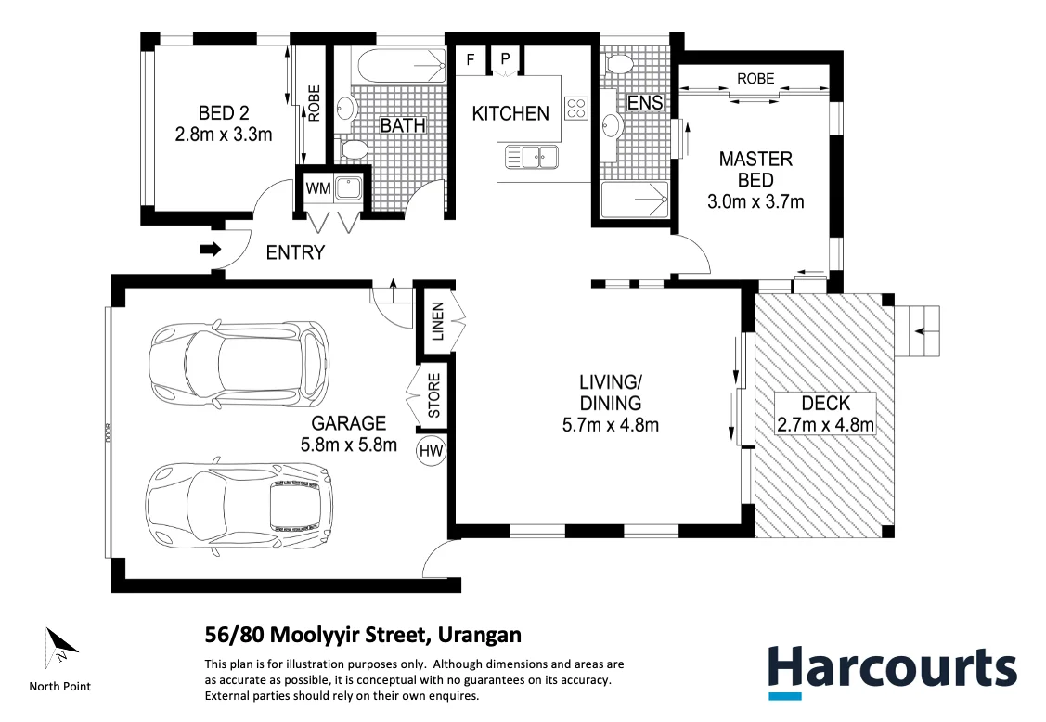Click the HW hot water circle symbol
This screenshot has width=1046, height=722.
[431, 451]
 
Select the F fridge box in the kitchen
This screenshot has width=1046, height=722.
[471, 59]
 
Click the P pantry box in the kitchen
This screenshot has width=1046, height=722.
[505, 59]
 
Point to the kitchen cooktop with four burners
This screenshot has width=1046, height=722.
[576, 108]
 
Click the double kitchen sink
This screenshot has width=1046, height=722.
[540, 158]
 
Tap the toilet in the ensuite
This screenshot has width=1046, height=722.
[620, 65]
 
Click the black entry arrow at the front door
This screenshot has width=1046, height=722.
[210, 251]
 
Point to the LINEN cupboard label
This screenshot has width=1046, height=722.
[438, 322]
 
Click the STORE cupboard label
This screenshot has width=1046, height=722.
[433, 395]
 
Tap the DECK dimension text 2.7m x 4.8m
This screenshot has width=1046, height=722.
[826, 424]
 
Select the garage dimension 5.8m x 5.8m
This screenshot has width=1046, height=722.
[349, 445]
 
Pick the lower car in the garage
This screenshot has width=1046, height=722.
[239, 502]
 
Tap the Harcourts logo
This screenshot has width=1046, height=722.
[893, 672]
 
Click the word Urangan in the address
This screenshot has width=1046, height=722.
[479, 635]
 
